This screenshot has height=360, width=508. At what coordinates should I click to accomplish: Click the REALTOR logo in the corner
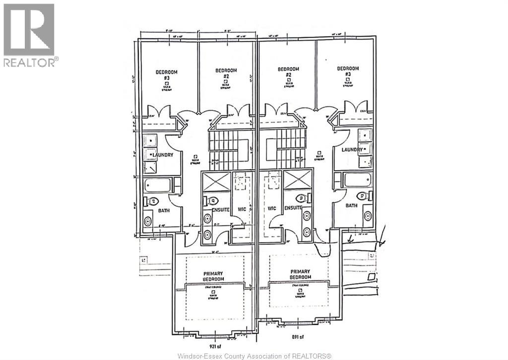coord(29,35)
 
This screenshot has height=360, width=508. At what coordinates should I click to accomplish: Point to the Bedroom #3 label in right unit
coord(347,71)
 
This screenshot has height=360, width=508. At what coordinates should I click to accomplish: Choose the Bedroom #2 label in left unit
coord(226,73)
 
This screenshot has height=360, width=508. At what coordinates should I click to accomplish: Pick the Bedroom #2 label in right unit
coord(288,71)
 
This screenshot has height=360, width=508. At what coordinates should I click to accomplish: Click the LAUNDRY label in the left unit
coord(163,155)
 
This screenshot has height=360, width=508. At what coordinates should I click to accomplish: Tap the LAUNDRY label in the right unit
coord(351,149)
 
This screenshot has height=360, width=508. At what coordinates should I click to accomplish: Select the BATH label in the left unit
coord(164,210)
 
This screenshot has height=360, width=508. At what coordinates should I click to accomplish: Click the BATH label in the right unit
coord(351,205)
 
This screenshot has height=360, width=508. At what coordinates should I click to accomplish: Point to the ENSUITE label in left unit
coord(220,210)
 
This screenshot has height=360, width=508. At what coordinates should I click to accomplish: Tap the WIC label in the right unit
coord(271,209)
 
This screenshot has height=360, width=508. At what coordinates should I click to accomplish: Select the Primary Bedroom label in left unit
coord(213,276)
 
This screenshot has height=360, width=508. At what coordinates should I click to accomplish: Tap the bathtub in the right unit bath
coord(358,180)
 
